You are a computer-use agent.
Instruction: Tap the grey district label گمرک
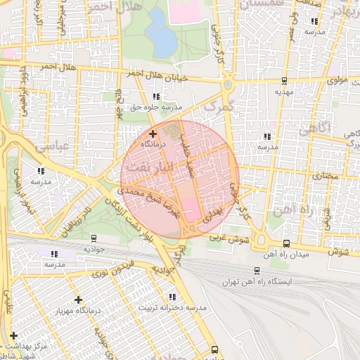point(217,107)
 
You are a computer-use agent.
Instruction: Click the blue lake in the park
point(162,40)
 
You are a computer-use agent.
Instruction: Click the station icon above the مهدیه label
point(284,79)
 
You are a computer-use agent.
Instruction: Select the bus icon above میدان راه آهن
point(285,243)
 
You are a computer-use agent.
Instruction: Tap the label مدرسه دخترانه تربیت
point(174,308)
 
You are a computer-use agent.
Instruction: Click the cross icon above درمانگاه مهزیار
point(77,299)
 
